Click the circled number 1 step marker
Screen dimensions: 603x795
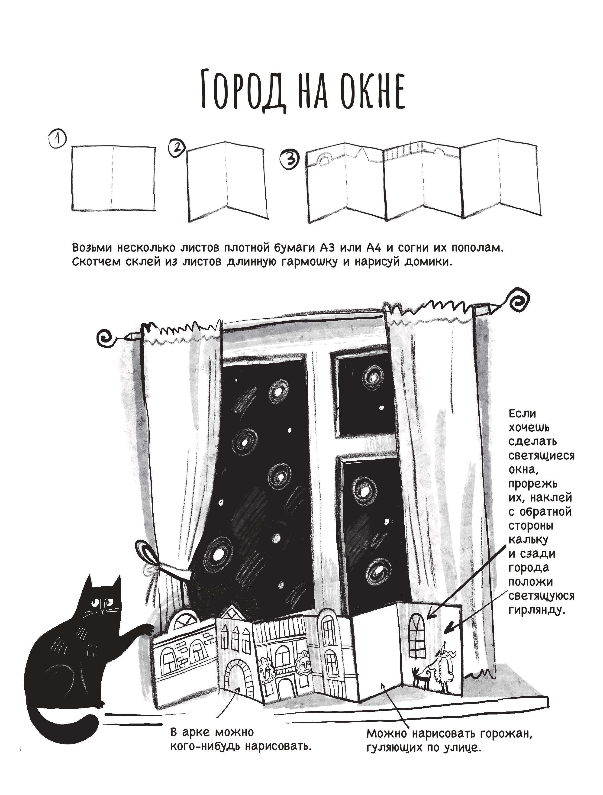58,139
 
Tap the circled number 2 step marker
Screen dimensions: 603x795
175,149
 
